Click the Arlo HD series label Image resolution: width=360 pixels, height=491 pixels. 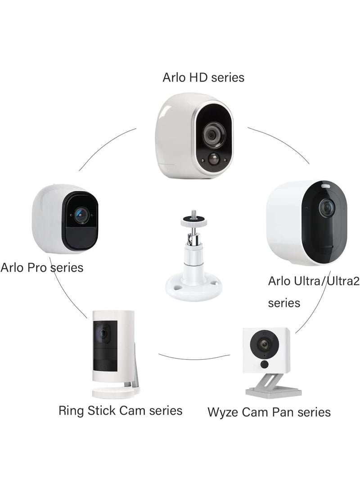pyautogui.click(x=203, y=77)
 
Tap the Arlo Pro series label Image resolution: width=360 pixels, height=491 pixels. pyautogui.click(x=42, y=267)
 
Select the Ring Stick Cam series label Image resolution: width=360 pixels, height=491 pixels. pyautogui.click(x=120, y=410)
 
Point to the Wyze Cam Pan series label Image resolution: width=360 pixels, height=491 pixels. pyautogui.click(x=269, y=412)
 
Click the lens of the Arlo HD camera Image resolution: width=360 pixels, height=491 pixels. pyautogui.click(x=210, y=134)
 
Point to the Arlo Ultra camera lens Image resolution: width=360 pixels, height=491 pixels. pyautogui.click(x=326, y=207)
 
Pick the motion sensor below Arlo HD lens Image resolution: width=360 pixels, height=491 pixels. pyautogui.click(x=213, y=158)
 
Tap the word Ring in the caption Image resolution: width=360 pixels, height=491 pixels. pyautogui.click(x=70, y=410)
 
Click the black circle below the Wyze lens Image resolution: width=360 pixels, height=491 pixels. pyautogui.click(x=265, y=364)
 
